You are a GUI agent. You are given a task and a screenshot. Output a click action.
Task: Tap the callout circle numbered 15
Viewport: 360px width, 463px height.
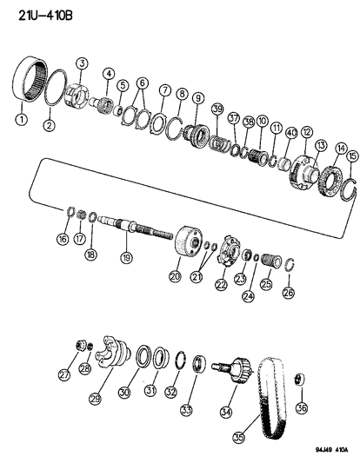pyautogui.click(x=350, y=157)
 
